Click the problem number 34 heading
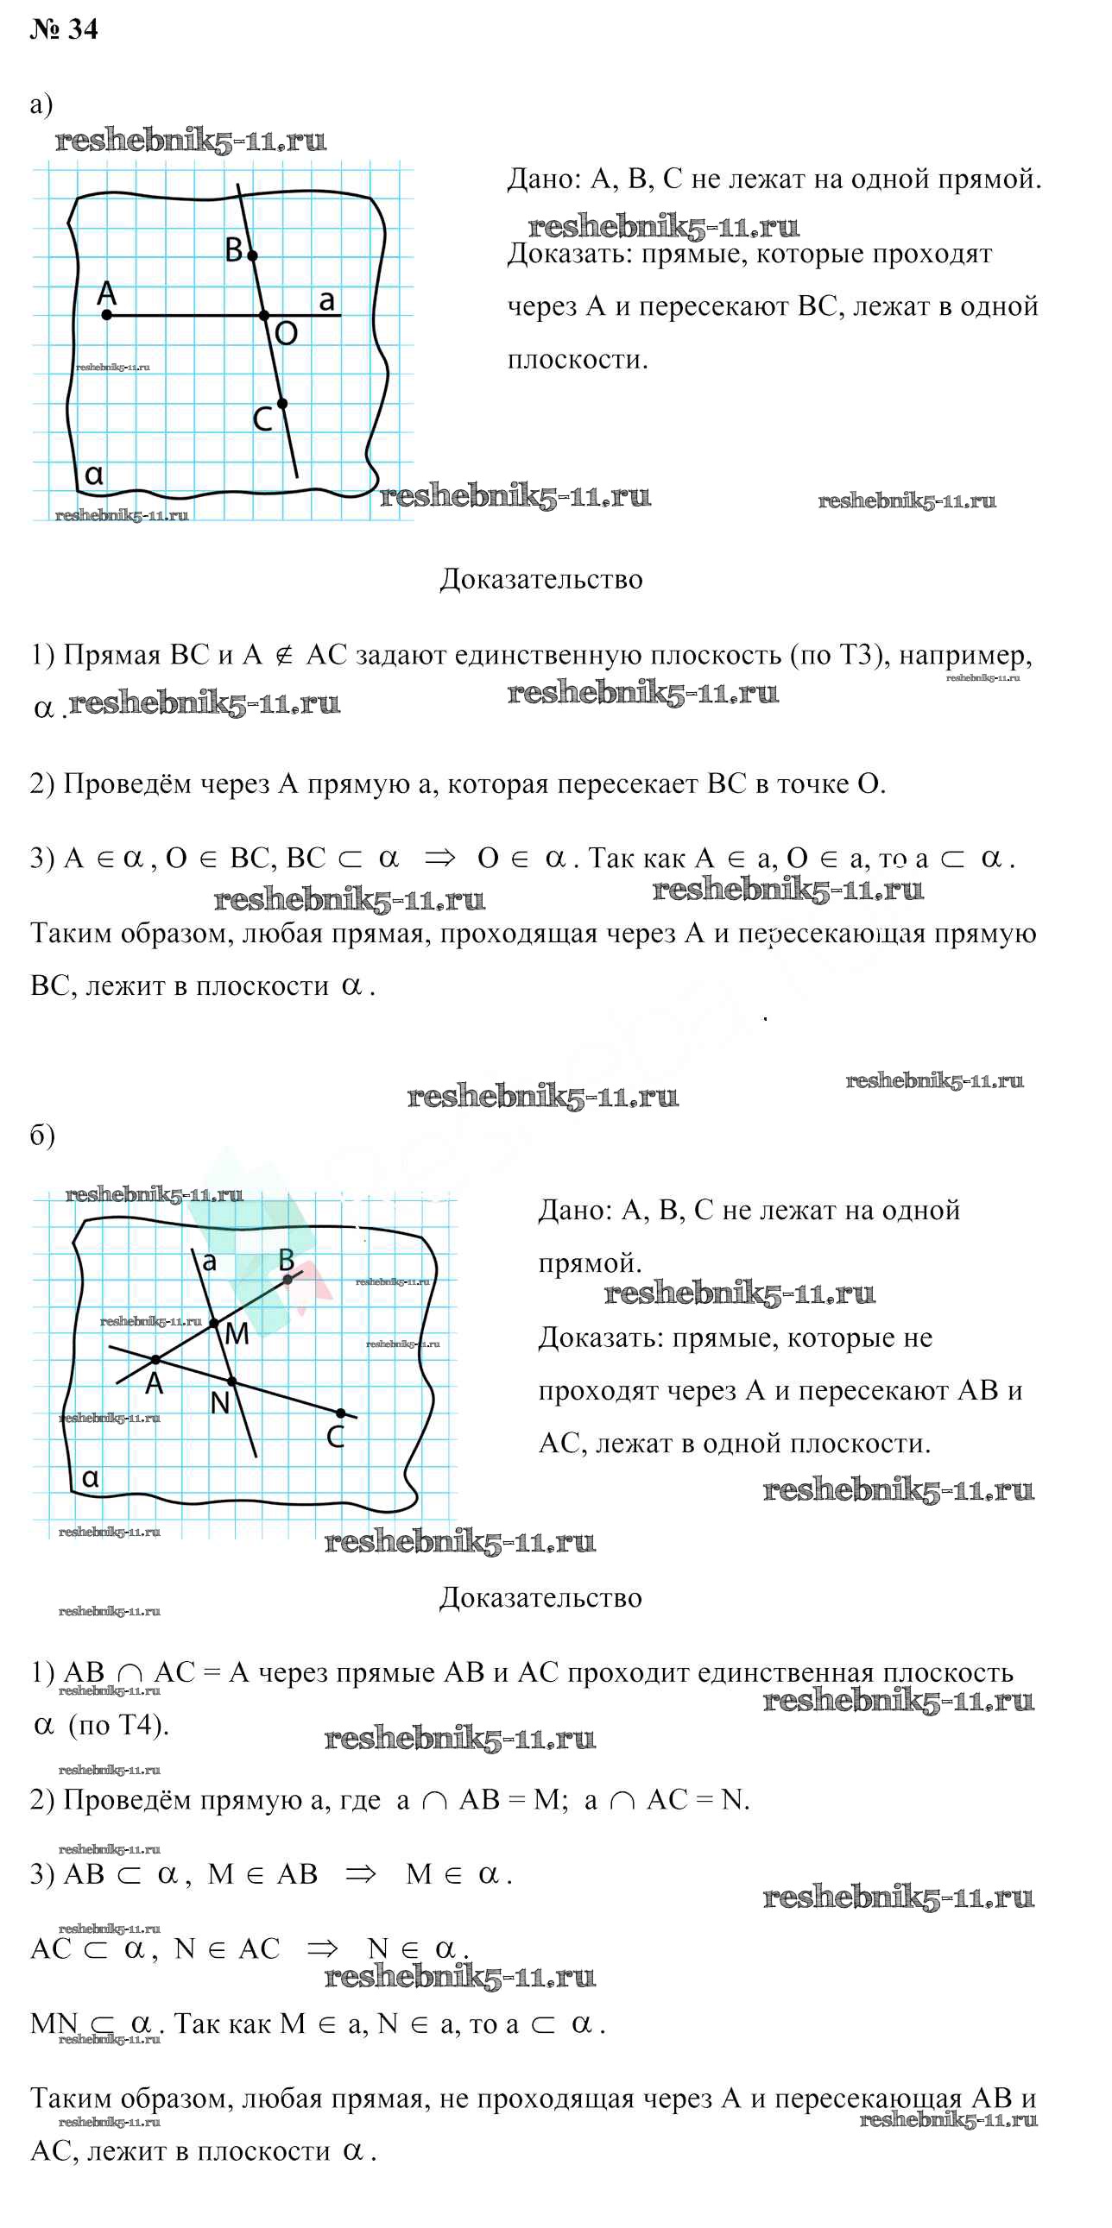[64, 29]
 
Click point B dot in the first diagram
[252, 256]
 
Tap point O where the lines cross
[265, 316]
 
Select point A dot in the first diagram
[106, 315]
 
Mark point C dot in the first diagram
[282, 404]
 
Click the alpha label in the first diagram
[94, 475]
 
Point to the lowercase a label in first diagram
[326, 300]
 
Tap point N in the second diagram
[231, 1381]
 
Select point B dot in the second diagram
[287, 1279]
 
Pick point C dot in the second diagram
[340, 1413]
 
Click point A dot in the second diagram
[155, 1360]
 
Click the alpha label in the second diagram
[91, 1478]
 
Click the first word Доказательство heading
[540, 580]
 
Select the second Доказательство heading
[540, 1597]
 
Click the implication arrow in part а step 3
[439, 859]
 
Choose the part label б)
[42, 1135]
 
